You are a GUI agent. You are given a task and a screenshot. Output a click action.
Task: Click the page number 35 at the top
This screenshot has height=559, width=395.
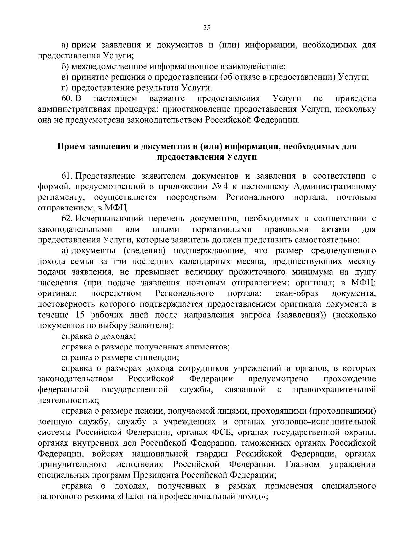pyautogui.click(x=207, y=28)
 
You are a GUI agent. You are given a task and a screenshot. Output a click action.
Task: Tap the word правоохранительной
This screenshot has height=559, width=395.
pyautogui.click(x=334, y=390)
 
